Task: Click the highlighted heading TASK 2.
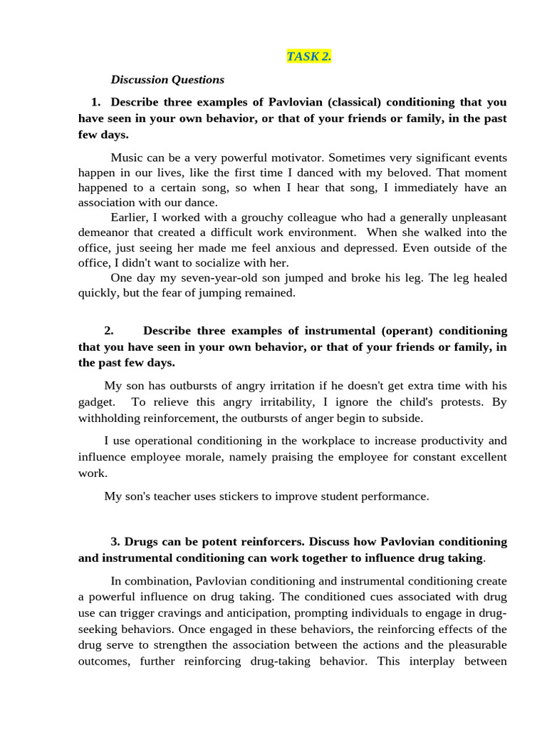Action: (308, 56)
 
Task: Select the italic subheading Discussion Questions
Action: (167, 80)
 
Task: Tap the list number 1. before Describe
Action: (96, 101)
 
